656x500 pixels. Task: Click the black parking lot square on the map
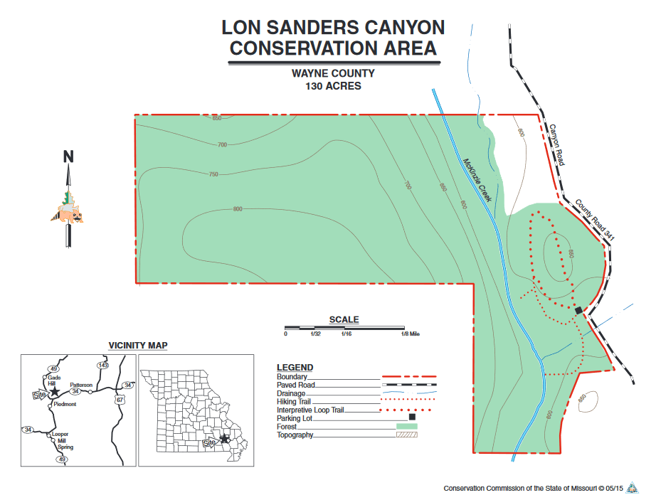(x=578, y=310)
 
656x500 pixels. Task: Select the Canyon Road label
(x=556, y=145)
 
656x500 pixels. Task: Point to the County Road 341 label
(x=595, y=218)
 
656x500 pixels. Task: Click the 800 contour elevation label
(x=238, y=209)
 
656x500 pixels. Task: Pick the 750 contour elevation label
(x=213, y=174)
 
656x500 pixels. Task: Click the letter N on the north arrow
(x=69, y=156)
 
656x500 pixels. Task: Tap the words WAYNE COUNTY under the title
(x=333, y=73)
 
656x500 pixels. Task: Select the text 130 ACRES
(x=333, y=86)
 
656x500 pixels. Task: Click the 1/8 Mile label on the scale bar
(x=411, y=334)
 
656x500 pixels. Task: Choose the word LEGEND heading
(x=295, y=367)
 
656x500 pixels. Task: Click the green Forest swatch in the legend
(x=406, y=426)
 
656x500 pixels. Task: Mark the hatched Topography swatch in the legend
(x=406, y=434)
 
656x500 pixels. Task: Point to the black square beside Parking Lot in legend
(x=411, y=417)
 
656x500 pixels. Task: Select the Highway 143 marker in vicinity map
(x=104, y=365)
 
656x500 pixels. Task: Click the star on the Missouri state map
(x=226, y=439)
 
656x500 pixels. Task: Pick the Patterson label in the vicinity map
(x=81, y=385)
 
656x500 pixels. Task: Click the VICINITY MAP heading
(x=137, y=346)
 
